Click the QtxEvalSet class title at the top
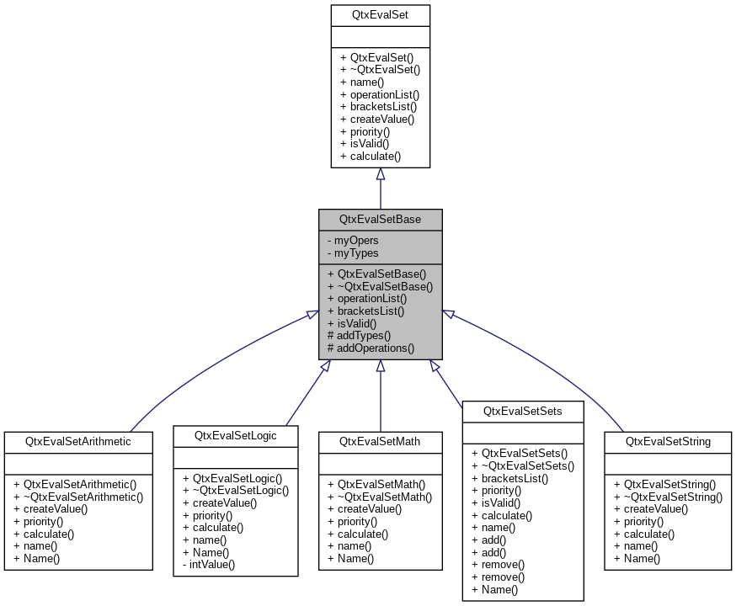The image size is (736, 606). click(380, 14)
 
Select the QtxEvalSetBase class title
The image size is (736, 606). click(380, 219)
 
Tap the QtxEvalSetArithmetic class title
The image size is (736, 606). click(78, 441)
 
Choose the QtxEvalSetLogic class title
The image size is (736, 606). click(235, 435)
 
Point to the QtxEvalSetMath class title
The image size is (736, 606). click(380, 441)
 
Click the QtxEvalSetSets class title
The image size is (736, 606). click(522, 411)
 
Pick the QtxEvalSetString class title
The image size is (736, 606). click(668, 441)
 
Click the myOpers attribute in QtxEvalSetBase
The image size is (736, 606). click(354, 241)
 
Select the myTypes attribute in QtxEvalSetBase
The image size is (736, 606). click(354, 253)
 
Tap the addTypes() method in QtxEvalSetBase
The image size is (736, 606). click(360, 335)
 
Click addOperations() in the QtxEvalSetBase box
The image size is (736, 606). click(371, 348)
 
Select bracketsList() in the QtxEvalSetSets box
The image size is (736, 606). click(510, 478)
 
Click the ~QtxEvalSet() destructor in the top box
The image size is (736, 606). click(380, 70)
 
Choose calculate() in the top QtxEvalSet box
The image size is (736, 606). click(371, 156)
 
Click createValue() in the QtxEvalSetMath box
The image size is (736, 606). click(370, 509)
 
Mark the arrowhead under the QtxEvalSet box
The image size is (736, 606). click(380, 173)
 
